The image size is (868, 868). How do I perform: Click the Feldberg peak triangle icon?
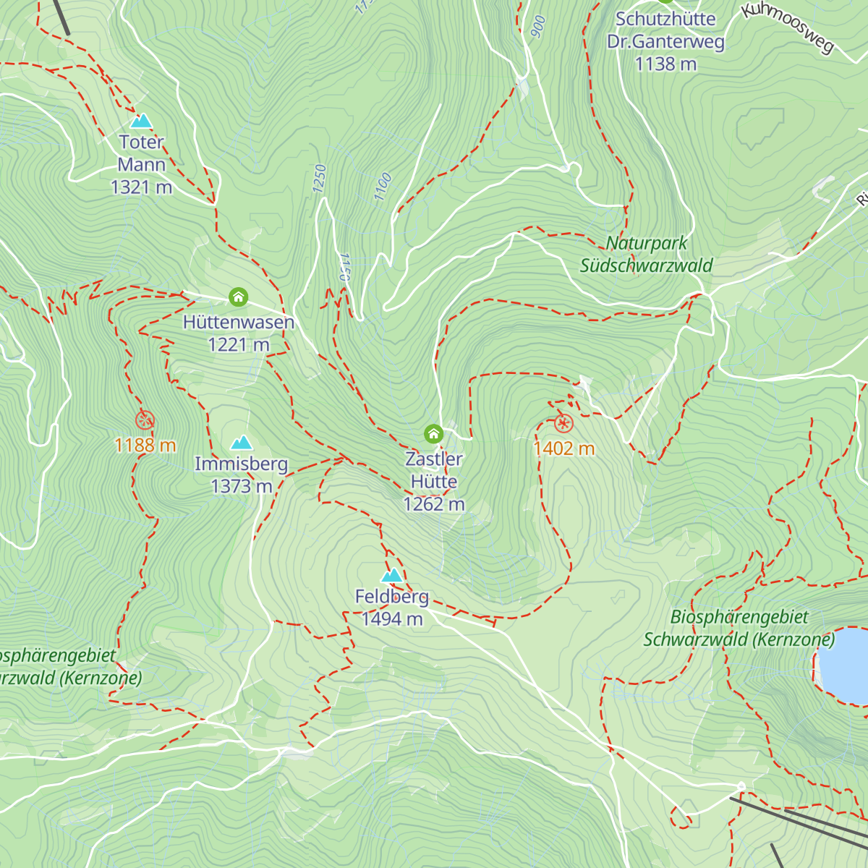(391, 576)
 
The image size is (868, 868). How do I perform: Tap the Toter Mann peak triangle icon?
(141, 121)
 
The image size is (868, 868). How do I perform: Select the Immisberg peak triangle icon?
(242, 443)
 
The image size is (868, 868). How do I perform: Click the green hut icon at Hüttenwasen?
(238, 297)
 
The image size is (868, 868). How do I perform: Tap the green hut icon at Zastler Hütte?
(433, 433)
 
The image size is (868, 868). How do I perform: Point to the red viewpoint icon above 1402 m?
(563, 424)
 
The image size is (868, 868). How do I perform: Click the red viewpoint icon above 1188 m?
(145, 420)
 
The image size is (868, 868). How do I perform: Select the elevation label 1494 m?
(392, 619)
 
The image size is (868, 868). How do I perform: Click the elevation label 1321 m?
(141, 187)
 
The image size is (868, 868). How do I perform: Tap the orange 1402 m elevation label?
(564, 449)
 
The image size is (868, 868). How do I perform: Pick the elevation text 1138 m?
(665, 64)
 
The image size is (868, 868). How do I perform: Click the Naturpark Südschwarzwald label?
(647, 255)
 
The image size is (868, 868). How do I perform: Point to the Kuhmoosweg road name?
(788, 27)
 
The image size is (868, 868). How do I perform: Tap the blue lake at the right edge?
(845, 665)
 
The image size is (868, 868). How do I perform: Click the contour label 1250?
(320, 179)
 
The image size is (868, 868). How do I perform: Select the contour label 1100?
(383, 187)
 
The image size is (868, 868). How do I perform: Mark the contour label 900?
(537, 27)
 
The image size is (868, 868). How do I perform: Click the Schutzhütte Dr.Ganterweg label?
(665, 30)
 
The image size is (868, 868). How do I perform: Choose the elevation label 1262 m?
(434, 504)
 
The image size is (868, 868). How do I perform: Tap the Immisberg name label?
(242, 464)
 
